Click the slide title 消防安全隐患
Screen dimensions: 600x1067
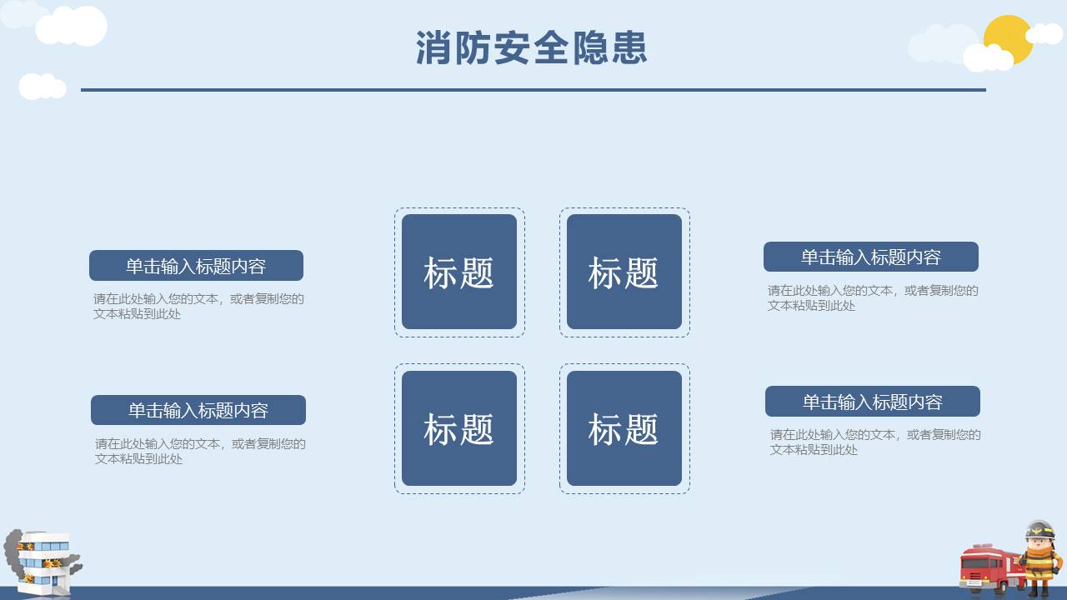click(532, 48)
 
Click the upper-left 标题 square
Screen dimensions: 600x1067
click(459, 272)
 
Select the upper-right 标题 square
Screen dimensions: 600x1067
click(624, 272)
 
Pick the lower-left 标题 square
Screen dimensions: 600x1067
click(459, 428)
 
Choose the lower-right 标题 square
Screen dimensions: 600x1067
click(624, 428)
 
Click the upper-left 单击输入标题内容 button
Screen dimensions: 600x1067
click(196, 266)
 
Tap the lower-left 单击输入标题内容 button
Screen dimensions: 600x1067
click(198, 410)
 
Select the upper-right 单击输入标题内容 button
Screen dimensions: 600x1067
click(871, 257)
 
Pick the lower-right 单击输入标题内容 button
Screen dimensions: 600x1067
click(873, 402)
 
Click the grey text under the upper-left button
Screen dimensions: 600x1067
click(198, 306)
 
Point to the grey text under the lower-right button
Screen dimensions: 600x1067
click(875, 442)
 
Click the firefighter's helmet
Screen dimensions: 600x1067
click(1039, 530)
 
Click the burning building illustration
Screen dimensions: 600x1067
click(47, 562)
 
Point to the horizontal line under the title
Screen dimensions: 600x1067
click(533, 89)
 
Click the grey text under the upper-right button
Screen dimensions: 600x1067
click(873, 297)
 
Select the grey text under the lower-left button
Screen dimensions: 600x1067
click(200, 451)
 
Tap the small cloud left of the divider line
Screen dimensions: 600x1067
click(42, 86)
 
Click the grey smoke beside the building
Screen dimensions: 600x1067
click(12, 550)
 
